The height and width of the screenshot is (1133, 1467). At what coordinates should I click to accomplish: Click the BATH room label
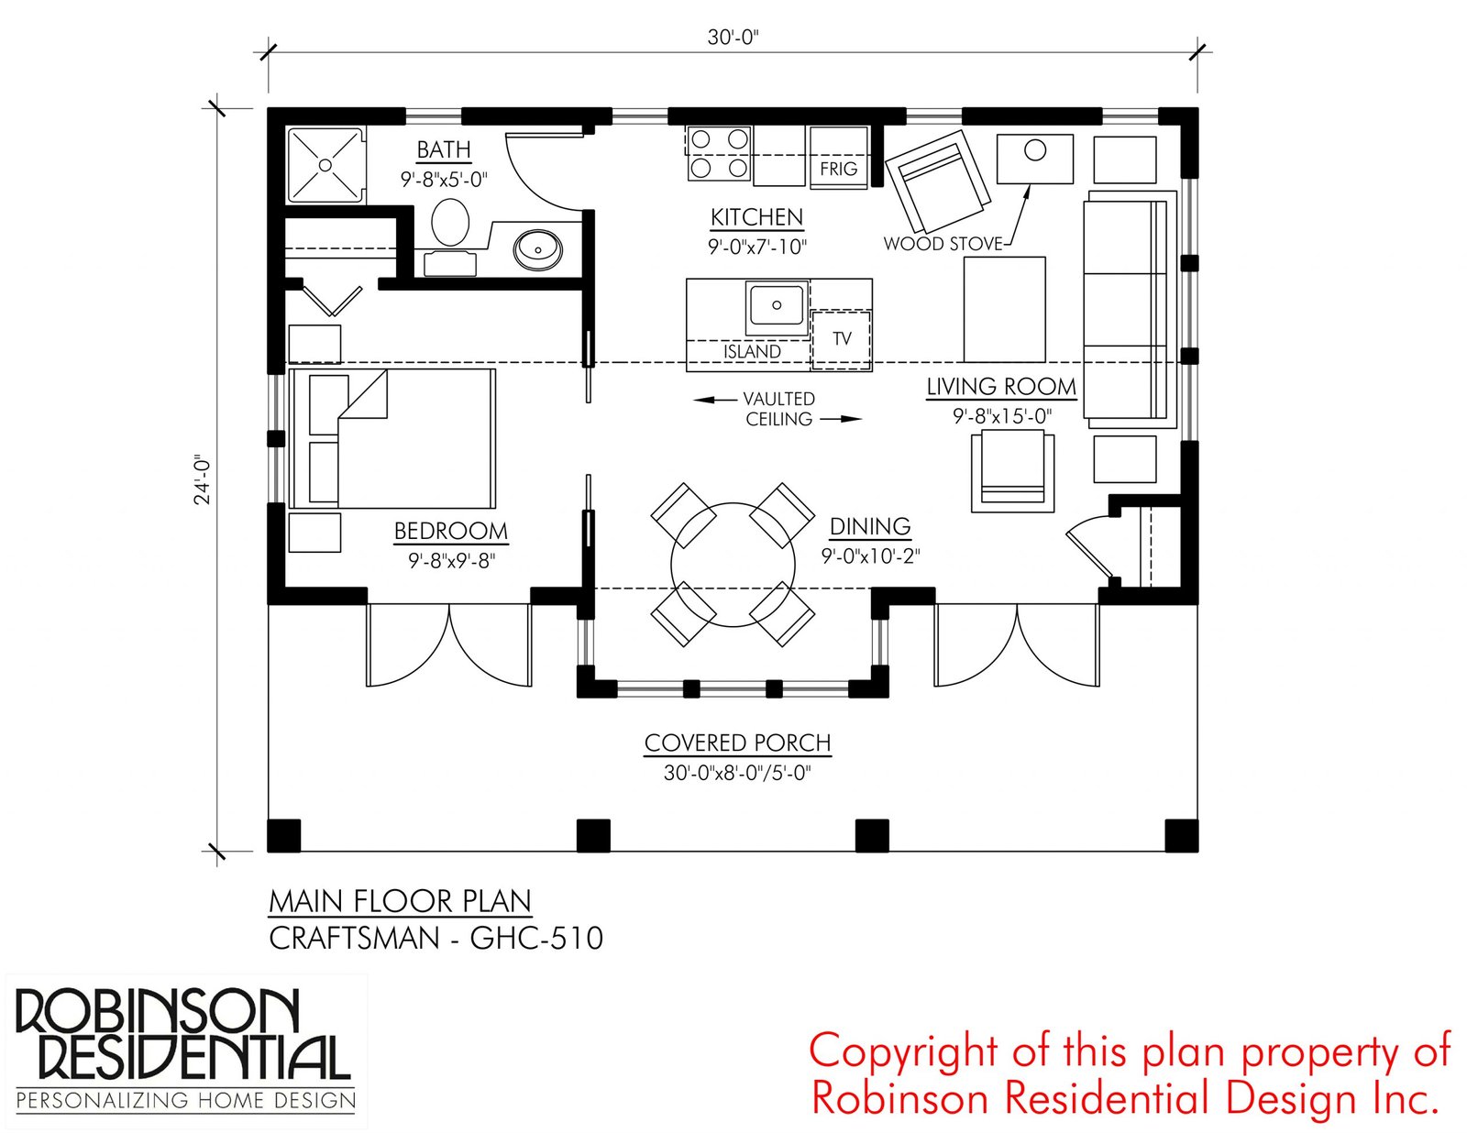444,149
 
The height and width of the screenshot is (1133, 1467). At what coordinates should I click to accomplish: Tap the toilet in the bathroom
450,223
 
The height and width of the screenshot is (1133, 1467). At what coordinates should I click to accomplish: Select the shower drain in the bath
325,165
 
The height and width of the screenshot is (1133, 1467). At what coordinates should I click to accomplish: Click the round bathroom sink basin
537,247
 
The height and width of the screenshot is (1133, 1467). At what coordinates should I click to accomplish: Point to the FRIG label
838,169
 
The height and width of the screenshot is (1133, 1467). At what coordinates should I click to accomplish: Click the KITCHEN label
756,217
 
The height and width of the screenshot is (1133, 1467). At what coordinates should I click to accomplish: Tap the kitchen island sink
776,305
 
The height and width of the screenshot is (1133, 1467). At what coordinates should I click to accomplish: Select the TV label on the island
842,338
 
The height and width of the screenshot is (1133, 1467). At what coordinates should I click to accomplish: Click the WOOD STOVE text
943,244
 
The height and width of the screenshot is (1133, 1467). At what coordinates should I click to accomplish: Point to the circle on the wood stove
1035,150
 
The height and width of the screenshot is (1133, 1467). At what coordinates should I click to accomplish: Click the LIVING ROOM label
1001,387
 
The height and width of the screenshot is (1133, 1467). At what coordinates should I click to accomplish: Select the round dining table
733,565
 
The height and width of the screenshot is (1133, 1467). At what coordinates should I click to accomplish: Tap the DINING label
870,527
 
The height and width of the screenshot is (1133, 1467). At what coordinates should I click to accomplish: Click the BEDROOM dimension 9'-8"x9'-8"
451,560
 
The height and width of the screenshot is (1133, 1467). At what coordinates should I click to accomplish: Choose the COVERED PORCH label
737,742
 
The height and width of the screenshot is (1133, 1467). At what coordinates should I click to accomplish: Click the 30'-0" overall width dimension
733,38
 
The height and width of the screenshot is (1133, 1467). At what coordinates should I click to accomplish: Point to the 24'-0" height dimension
203,479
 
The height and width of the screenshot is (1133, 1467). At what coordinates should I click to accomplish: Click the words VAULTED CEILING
778,409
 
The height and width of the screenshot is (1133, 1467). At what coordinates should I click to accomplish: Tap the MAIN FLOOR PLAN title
400,901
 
